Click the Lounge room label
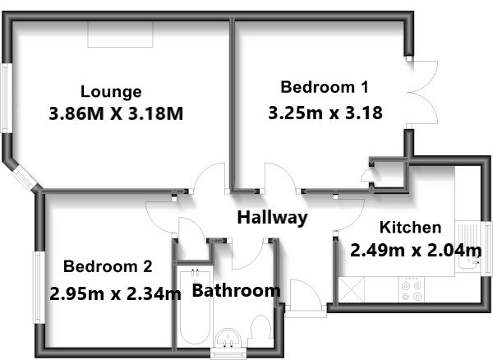111,92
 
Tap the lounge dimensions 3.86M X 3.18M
116,113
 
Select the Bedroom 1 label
325,87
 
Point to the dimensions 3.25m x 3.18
325,113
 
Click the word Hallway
272,218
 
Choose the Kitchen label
410,228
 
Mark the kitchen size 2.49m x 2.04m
416,249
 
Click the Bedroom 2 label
108,266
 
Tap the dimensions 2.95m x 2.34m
115,293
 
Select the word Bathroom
236,290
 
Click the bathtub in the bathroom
194,308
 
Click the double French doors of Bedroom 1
422,92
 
